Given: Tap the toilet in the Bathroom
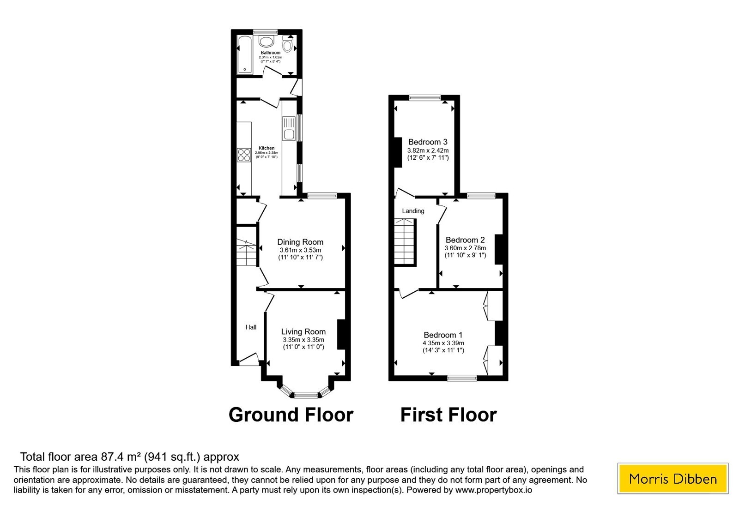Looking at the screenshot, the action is [287, 44].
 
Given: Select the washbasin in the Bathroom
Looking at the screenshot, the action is [266, 42].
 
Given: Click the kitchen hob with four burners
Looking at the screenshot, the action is [244, 155].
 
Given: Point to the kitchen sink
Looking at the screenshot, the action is [289, 129].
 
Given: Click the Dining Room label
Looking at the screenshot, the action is [300, 242].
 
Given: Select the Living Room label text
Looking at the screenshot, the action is [303, 332].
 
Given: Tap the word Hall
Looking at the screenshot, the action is [251, 327].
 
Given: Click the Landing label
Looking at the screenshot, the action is [413, 211].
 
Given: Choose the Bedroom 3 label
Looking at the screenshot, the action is [428, 142].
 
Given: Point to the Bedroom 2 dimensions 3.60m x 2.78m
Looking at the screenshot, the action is [465, 248].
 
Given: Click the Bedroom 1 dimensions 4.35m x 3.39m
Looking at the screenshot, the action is [443, 343].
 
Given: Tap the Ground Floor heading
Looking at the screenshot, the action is [291, 415].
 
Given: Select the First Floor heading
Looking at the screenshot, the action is [448, 415].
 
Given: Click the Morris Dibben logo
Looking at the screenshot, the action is [672, 478].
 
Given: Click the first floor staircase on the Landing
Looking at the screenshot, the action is [406, 242].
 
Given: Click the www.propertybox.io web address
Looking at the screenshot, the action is [494, 490].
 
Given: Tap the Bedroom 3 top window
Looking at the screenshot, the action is [424, 97].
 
